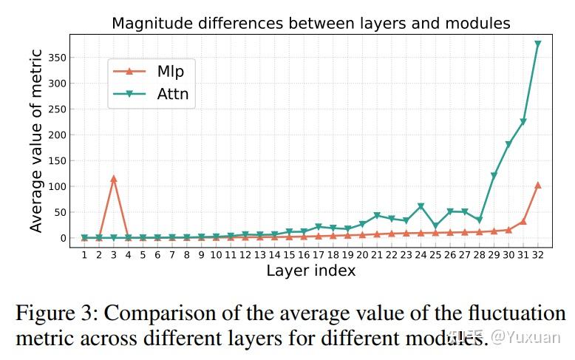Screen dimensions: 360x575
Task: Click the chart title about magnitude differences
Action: [x=310, y=23]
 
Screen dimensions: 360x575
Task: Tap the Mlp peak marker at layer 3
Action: [x=113, y=178]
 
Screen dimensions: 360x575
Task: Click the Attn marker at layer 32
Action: [x=537, y=44]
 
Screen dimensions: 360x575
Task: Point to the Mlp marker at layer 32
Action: [x=537, y=185]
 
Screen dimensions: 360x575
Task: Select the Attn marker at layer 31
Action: [x=523, y=122]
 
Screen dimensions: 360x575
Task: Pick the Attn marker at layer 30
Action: [x=508, y=145]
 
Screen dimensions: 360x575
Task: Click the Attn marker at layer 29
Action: [x=494, y=176]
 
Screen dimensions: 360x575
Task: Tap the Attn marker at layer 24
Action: [x=421, y=207]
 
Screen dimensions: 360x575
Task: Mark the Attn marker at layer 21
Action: [x=377, y=216]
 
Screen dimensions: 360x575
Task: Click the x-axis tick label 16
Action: [x=304, y=255]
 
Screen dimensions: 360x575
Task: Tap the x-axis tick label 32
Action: [x=537, y=255]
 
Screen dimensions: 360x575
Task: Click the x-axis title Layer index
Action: [x=310, y=271]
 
